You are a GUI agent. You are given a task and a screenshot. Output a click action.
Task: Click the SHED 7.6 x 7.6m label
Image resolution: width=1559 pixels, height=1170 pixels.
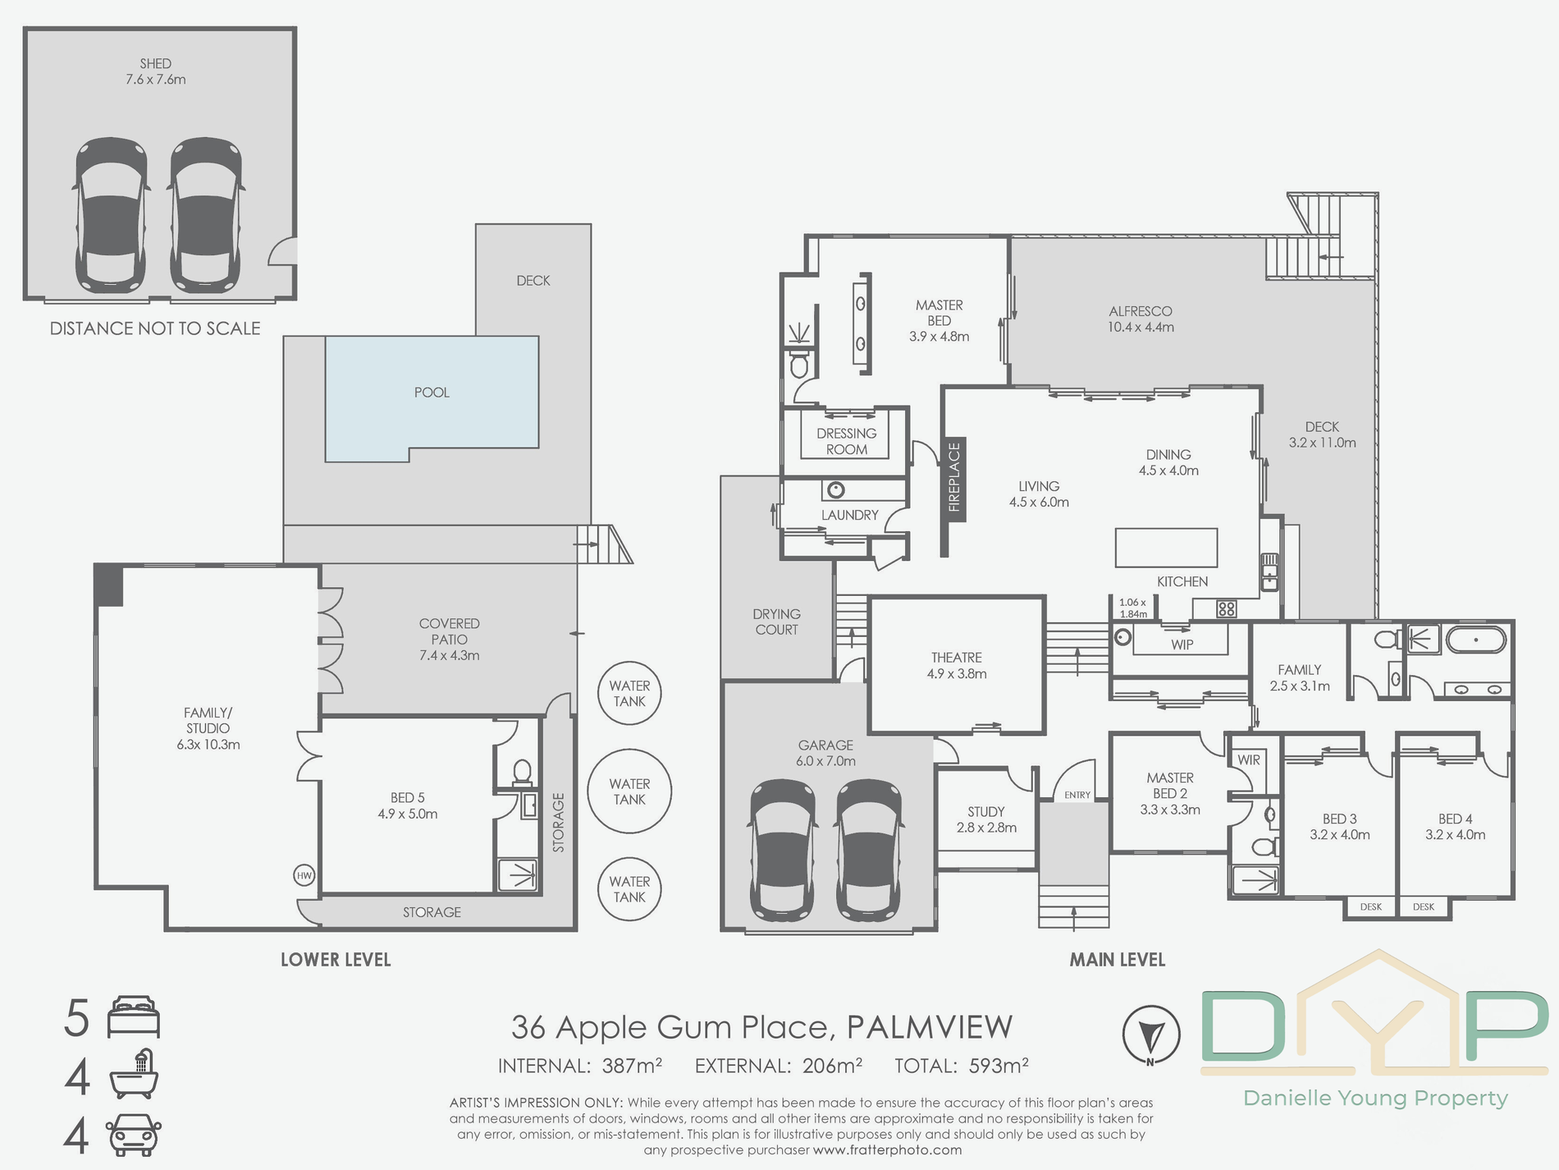pyautogui.click(x=155, y=71)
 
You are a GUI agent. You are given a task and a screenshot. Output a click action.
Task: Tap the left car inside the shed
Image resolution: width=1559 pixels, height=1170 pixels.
pyautogui.click(x=112, y=214)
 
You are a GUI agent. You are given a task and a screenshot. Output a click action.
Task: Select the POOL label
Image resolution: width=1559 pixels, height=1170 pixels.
pyautogui.click(x=432, y=392)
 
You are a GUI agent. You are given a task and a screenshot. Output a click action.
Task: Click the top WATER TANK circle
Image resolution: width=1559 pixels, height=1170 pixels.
pyautogui.click(x=629, y=693)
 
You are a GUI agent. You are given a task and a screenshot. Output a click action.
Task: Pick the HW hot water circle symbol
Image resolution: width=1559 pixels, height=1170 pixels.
pyautogui.click(x=304, y=875)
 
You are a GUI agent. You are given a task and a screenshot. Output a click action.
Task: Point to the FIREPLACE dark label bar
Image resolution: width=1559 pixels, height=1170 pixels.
pyautogui.click(x=954, y=478)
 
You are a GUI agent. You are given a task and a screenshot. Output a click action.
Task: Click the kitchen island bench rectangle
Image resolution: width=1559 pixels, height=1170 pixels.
pyautogui.click(x=1166, y=548)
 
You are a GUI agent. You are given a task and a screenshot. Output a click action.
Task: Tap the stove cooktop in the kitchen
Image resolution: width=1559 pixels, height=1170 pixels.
pyautogui.click(x=1227, y=608)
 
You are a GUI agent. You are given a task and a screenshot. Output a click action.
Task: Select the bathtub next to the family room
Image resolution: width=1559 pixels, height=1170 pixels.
pyautogui.click(x=1476, y=640)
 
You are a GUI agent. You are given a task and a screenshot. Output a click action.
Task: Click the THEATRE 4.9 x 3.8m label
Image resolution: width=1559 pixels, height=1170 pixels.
pyautogui.click(x=957, y=665)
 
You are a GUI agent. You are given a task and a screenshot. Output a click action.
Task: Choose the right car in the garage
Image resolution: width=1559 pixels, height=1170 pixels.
pyautogui.click(x=868, y=850)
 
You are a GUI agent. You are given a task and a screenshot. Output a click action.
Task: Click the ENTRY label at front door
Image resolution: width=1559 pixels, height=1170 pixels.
pyautogui.click(x=1077, y=795)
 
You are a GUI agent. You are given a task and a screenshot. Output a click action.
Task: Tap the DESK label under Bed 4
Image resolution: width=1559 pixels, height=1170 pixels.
pyautogui.click(x=1424, y=906)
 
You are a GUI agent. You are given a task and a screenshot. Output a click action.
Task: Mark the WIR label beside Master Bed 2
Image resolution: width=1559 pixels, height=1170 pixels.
pyautogui.click(x=1249, y=760)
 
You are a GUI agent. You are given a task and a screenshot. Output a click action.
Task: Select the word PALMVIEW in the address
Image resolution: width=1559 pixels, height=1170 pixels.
pyautogui.click(x=930, y=1027)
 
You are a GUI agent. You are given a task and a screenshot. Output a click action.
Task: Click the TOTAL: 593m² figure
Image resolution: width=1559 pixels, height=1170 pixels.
pyautogui.click(x=961, y=1066)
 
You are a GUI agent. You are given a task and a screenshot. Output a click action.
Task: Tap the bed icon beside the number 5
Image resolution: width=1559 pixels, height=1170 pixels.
pyautogui.click(x=134, y=1017)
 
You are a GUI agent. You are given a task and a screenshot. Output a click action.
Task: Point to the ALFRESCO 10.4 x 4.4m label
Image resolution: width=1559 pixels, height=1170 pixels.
pyautogui.click(x=1141, y=319)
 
